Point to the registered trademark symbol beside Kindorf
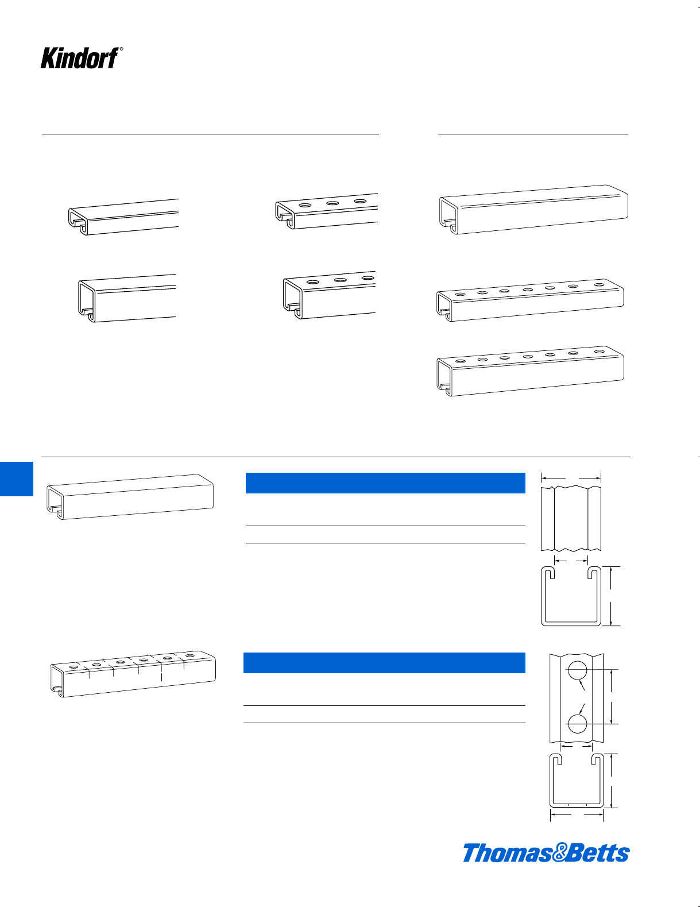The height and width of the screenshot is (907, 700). pos(121,49)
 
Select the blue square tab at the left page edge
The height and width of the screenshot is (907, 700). pos(17,478)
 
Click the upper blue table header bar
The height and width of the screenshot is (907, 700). pos(385,483)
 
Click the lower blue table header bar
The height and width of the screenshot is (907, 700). pos(384,662)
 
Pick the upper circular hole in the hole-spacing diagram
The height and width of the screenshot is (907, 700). pos(577,671)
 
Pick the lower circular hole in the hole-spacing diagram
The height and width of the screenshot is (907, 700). pos(577,724)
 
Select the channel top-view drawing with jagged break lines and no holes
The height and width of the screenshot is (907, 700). pos(571,518)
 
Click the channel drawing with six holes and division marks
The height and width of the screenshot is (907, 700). pos(133,674)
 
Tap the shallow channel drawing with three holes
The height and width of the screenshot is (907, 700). pos(327,211)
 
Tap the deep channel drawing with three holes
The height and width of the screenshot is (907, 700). pos(330,295)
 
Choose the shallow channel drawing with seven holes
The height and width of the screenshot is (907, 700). pos(530,300)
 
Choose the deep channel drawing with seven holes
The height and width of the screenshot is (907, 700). pos(530,371)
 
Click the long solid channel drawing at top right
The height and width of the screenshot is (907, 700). pos(533,210)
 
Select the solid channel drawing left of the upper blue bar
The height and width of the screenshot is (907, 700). pos(130,497)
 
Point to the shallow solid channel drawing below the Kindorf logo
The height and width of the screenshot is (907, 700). pos(123,217)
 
